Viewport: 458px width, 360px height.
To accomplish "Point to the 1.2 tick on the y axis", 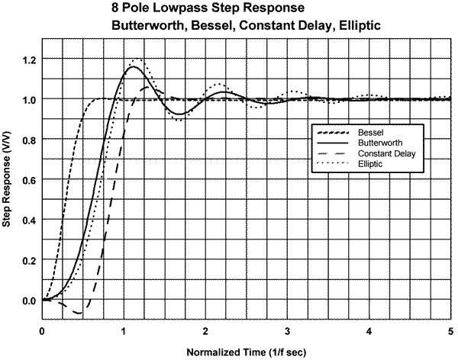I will point(29,59).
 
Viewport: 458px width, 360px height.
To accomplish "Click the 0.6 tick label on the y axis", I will point(29,180).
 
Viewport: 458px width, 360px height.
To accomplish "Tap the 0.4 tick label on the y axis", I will point(29,220).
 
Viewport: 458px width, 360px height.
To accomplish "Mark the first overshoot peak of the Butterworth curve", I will point(134,67).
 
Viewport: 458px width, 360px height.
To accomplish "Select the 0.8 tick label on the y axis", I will point(29,140).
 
